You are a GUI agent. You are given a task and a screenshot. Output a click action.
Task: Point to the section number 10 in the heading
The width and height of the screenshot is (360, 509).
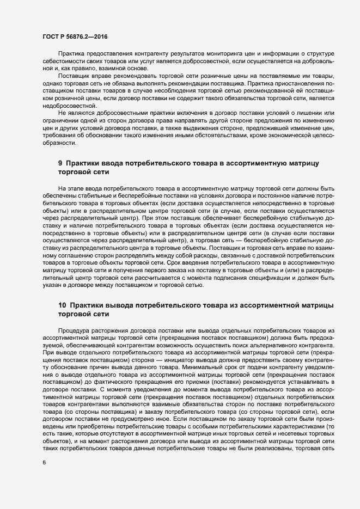62,305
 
